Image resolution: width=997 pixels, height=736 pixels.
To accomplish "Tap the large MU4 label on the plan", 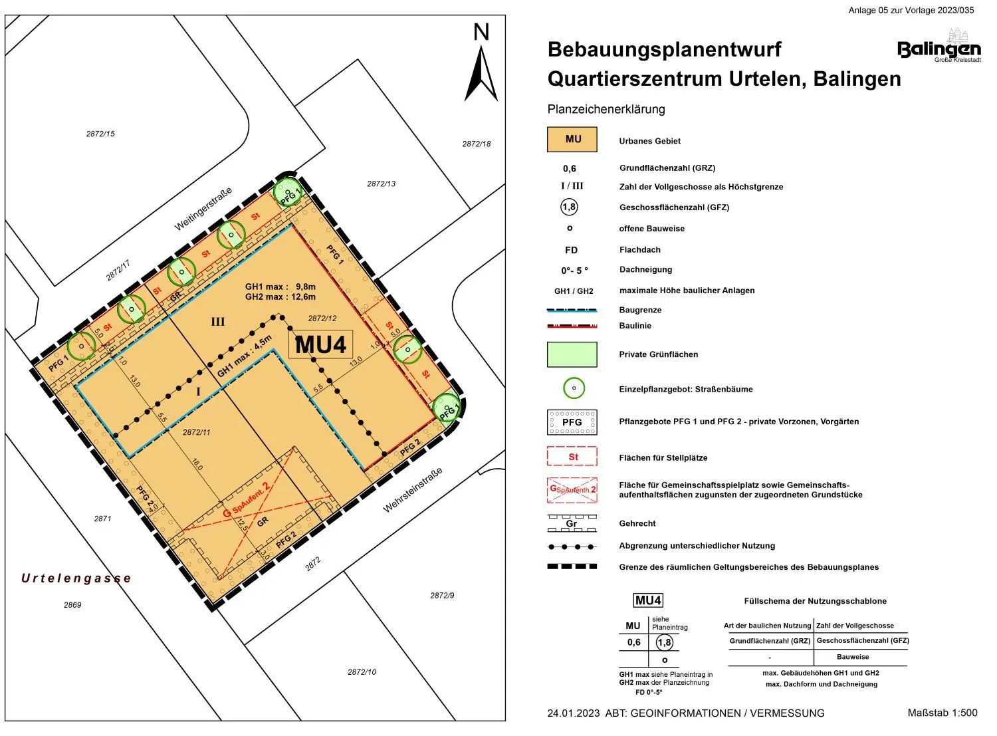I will click(x=320, y=345).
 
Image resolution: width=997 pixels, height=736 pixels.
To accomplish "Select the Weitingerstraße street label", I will click(x=203, y=209).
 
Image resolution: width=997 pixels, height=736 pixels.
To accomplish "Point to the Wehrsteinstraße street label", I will click(x=413, y=491).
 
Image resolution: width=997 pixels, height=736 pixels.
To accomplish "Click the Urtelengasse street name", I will click(x=76, y=578).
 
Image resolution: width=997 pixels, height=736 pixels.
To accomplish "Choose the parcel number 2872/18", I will click(x=477, y=144).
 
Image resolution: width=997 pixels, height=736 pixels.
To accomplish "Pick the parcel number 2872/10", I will click(x=362, y=672).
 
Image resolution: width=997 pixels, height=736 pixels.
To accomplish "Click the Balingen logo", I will click(x=939, y=48).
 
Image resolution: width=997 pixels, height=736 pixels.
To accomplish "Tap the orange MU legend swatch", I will click(x=572, y=140).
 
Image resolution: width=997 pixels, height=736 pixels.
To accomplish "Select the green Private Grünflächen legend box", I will click(x=572, y=354).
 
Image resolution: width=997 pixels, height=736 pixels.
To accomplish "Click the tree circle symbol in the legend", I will click(x=574, y=388).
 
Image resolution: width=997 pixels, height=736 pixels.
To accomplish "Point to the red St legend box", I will click(x=572, y=457).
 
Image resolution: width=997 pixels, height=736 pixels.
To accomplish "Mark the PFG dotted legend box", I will click(x=572, y=422).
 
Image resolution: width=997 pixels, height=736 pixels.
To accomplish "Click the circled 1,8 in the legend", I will click(x=569, y=207).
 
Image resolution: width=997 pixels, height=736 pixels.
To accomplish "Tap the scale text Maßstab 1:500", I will click(x=942, y=713).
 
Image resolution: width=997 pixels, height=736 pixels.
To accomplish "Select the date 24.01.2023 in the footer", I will click(x=573, y=713).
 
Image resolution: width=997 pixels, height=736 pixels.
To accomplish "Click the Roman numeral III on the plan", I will click(x=218, y=322).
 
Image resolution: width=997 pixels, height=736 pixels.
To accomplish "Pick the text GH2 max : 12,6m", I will click(x=280, y=297).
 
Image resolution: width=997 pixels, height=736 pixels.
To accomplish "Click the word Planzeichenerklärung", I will click(x=606, y=109).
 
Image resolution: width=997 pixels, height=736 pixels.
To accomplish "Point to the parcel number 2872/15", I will click(x=100, y=134).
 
